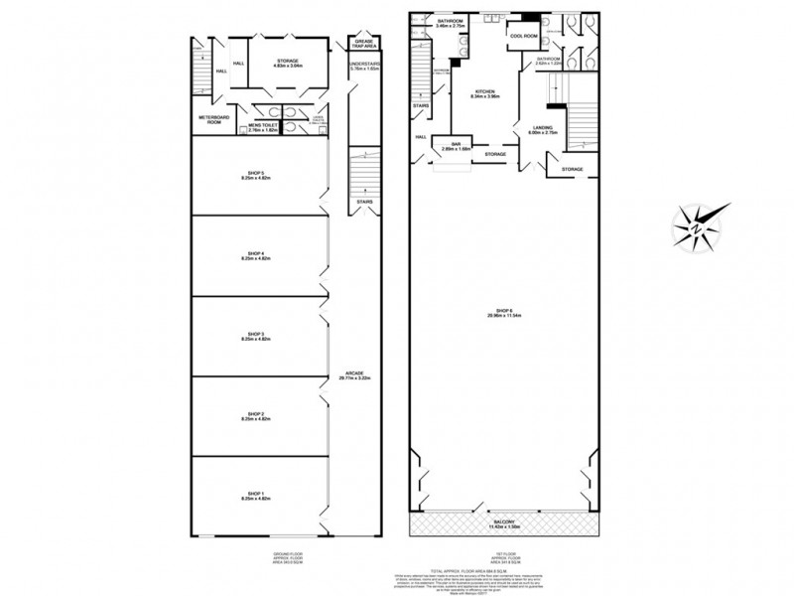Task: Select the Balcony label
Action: (505, 521)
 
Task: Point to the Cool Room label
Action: (522, 36)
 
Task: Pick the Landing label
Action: (543, 129)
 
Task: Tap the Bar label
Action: (460, 144)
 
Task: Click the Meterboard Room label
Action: (214, 122)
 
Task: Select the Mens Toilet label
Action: (265, 126)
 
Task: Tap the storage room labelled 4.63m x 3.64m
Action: (287, 63)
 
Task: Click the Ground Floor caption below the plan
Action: (259, 552)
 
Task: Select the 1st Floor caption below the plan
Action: (505, 552)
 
